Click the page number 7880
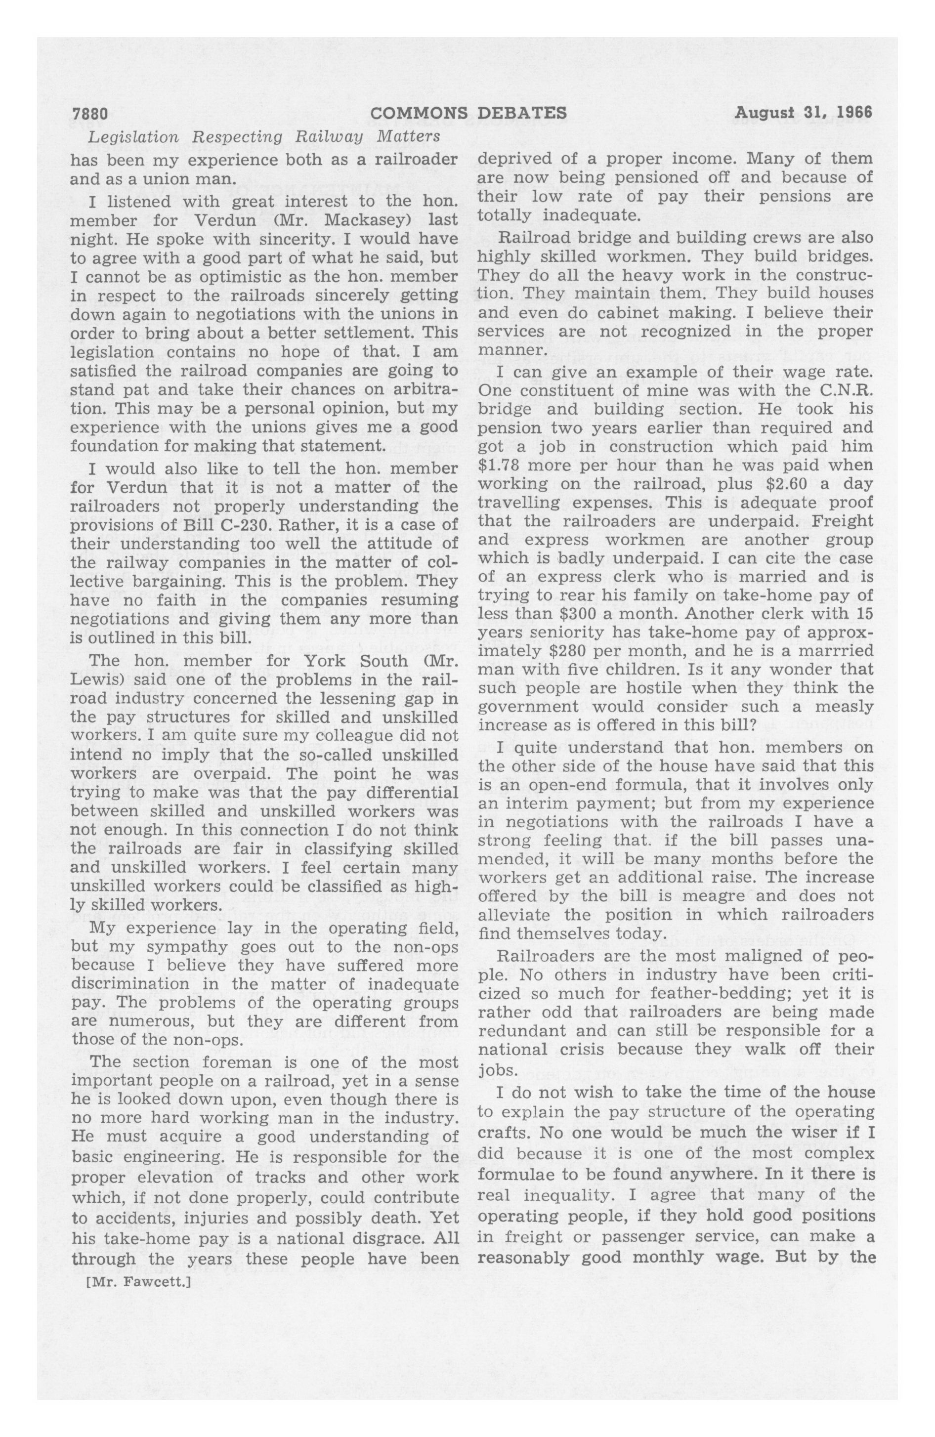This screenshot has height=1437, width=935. click(x=89, y=114)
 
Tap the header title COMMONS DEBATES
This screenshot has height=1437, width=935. click(x=468, y=114)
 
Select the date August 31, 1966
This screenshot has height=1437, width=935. click(x=804, y=114)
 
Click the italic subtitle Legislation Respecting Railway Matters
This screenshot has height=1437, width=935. click(x=264, y=138)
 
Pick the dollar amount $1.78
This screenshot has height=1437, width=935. click(x=500, y=465)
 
